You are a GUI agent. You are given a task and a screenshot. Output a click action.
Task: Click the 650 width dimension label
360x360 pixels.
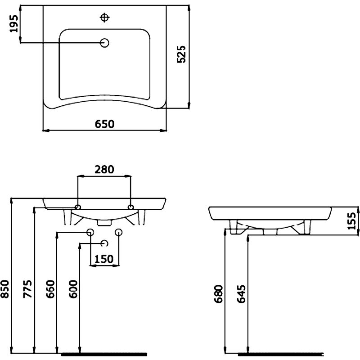coord(104,124)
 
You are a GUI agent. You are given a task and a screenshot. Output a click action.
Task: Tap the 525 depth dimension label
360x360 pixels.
coord(181,54)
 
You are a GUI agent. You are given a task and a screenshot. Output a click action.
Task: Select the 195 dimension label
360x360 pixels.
coord(13,24)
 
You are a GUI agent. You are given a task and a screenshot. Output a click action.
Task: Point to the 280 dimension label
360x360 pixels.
coord(104,170)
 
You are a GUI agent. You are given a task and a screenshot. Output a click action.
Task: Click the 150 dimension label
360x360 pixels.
coord(104,259)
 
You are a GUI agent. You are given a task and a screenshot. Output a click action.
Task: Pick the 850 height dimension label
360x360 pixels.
coord(4,289)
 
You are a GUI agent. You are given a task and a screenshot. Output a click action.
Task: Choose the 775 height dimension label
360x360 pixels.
coord(27,289)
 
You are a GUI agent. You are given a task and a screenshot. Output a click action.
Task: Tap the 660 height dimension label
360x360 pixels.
coord(50,289)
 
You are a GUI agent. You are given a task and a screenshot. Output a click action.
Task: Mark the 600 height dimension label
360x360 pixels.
coord(73,289)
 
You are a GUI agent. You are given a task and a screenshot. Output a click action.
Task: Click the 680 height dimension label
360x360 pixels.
coord(218,294)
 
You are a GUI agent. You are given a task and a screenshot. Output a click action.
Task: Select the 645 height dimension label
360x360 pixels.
coord(241,294)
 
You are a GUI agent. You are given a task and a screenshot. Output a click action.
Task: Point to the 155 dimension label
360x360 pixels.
coord(351,221)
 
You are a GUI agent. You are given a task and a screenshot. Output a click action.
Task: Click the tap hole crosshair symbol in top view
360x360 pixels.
coord(105,18)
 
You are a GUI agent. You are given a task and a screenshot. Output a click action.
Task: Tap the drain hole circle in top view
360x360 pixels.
coord(105,43)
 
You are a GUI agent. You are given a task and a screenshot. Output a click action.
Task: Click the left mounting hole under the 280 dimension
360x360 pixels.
coord(78,207)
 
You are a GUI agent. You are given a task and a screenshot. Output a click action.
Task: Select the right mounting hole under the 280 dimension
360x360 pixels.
coord(130,207)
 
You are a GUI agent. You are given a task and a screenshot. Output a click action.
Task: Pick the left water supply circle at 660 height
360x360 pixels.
coord(90,232)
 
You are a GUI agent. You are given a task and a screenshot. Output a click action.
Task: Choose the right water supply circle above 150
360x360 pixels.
coord(119,232)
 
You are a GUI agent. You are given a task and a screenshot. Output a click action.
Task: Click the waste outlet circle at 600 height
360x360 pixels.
coord(105,243)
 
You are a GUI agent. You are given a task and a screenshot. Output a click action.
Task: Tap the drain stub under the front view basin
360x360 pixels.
coord(104,222)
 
